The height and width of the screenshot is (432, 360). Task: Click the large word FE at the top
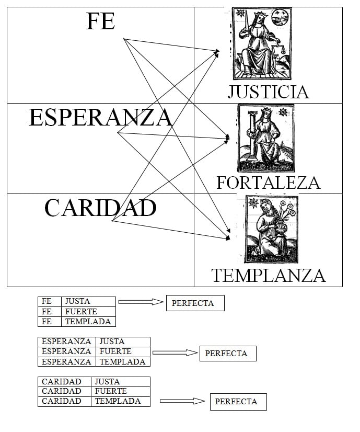click(100, 21)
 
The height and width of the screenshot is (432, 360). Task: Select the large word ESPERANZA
click(100, 117)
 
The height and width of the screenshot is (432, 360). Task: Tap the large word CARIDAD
click(100, 208)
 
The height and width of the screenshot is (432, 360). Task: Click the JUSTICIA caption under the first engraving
click(268, 92)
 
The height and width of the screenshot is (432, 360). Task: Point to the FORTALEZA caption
click(268, 183)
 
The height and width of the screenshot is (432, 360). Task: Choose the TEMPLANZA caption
click(268, 275)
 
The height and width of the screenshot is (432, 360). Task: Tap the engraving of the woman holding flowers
click(271, 229)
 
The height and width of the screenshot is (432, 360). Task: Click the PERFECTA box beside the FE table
click(195, 303)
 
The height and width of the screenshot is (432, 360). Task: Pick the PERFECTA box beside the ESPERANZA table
click(228, 354)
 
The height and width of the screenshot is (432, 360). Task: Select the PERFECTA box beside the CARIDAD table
click(238, 402)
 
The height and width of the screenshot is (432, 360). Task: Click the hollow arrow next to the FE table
click(141, 302)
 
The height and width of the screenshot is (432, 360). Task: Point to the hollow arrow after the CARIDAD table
click(182, 401)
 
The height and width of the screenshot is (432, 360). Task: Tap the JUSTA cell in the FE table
click(88, 301)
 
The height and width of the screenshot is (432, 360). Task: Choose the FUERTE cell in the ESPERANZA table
click(123, 351)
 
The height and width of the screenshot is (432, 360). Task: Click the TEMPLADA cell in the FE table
click(88, 322)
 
